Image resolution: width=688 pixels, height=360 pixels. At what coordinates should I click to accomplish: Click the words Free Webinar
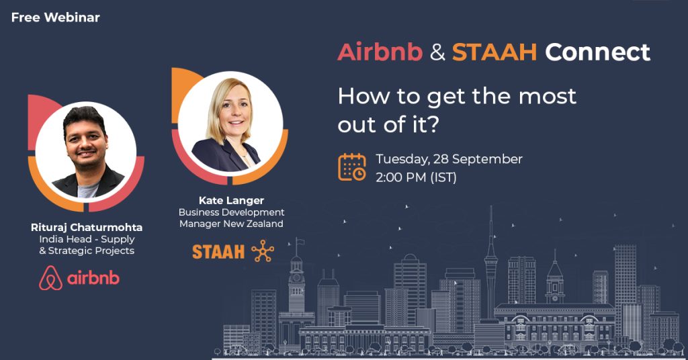click(56, 17)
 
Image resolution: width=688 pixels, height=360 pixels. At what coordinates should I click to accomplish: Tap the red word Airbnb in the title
click(380, 52)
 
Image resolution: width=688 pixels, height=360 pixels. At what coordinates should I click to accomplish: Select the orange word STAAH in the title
click(494, 52)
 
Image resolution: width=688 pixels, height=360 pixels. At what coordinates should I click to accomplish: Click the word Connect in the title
click(597, 52)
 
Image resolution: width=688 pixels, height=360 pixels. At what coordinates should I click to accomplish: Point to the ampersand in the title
click(437, 52)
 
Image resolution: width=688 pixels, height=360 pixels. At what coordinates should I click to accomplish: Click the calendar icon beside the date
click(352, 167)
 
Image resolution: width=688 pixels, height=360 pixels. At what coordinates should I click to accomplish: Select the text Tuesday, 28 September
click(449, 159)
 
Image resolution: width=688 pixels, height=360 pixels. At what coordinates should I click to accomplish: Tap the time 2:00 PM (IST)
click(416, 177)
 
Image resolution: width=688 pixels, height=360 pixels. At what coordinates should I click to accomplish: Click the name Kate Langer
click(231, 200)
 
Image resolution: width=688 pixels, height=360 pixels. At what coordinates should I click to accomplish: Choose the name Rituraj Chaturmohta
click(87, 227)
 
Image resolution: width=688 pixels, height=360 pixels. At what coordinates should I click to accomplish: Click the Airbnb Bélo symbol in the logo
click(51, 278)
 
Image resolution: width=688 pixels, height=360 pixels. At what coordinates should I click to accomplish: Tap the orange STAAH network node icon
click(263, 251)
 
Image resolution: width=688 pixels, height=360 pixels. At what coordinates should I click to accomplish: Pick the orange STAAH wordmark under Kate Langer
click(218, 252)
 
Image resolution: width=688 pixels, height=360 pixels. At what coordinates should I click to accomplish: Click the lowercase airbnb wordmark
click(93, 279)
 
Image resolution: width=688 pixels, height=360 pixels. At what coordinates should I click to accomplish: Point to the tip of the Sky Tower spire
click(491, 206)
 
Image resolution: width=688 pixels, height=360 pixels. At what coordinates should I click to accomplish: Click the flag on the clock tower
click(300, 241)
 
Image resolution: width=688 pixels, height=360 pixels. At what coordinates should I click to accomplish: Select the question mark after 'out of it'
click(432, 124)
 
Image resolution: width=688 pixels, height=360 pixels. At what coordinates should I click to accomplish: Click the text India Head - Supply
click(87, 239)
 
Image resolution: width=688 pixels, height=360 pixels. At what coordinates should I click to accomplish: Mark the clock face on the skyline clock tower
click(296, 277)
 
